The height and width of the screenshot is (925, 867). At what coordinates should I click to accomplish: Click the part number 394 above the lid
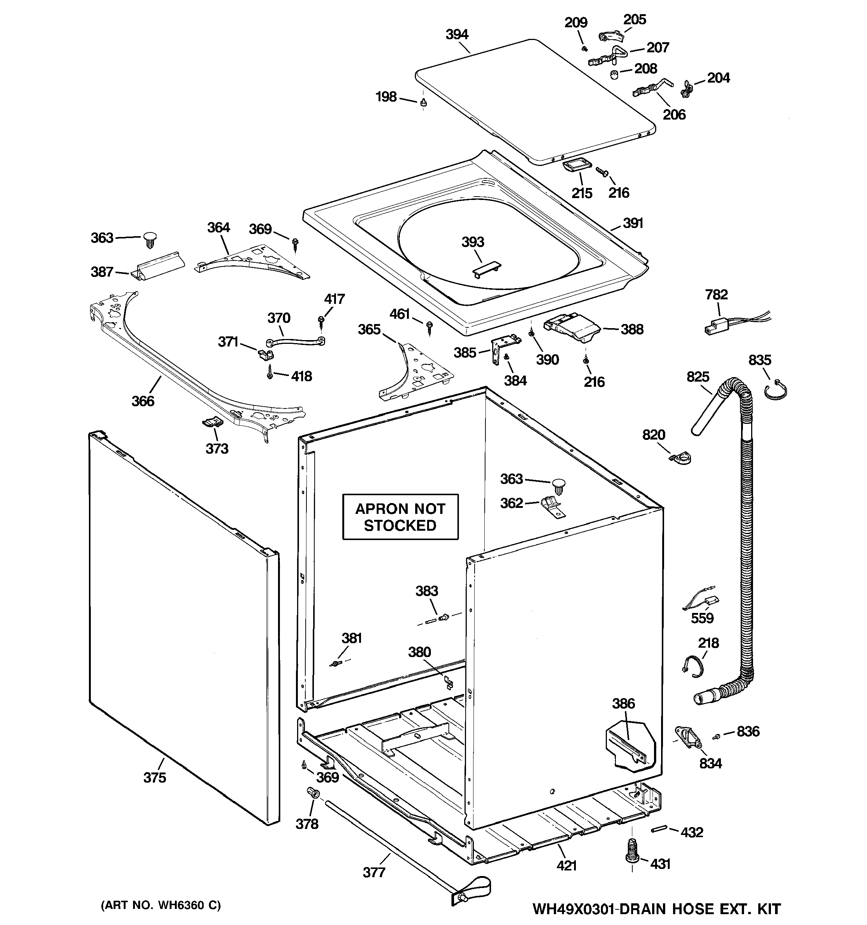[x=457, y=34]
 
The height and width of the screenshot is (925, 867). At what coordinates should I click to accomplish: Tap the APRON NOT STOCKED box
[x=400, y=517]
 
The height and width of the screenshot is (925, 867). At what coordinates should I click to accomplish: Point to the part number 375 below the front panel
[x=154, y=777]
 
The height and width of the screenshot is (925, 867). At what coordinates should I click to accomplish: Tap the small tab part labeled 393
[x=486, y=270]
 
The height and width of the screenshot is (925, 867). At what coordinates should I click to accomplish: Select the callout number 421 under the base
[x=567, y=866]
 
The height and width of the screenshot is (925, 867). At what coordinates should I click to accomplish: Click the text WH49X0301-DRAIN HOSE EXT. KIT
[x=656, y=909]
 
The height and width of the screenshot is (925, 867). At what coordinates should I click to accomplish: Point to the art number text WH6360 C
[x=161, y=905]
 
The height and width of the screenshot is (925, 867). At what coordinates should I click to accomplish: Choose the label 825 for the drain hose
[x=698, y=376]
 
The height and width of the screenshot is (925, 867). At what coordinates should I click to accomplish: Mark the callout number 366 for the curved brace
[x=142, y=401]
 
